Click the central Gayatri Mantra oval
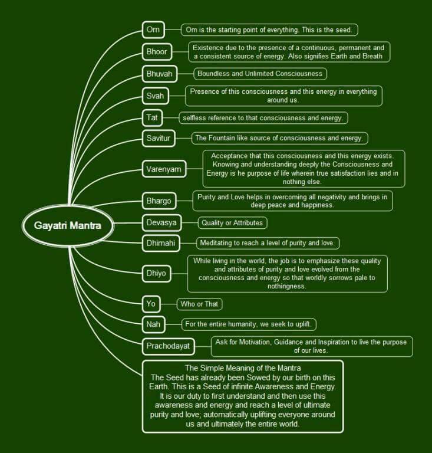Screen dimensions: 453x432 pos(67,225)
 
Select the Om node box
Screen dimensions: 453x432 pos(153,29)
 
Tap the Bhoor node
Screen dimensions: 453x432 pos(157,51)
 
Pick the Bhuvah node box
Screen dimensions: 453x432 pos(159,74)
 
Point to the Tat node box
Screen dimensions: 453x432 pos(152,117)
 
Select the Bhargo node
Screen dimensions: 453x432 pos(159,201)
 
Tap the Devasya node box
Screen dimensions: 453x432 pos(161,222)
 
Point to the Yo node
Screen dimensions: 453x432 pos(151,304)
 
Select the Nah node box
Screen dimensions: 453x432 pos(152,324)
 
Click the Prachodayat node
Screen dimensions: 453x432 pos(168,346)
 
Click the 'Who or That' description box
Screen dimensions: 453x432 pos(200,304)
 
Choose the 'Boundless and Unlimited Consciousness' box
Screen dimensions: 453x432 pos(260,74)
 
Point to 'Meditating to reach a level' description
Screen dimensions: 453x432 pos(268,243)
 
